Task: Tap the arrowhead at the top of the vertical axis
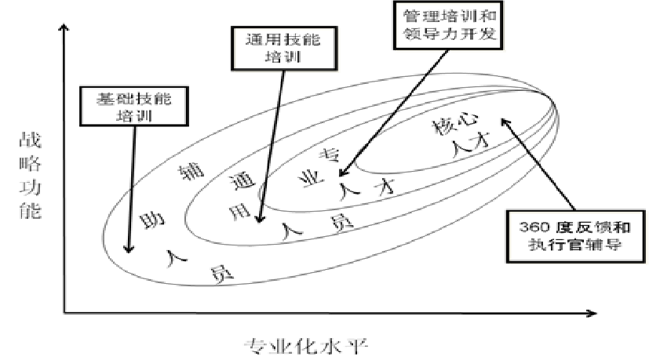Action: [x=64, y=30]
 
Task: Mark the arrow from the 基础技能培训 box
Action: [x=131, y=188]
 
